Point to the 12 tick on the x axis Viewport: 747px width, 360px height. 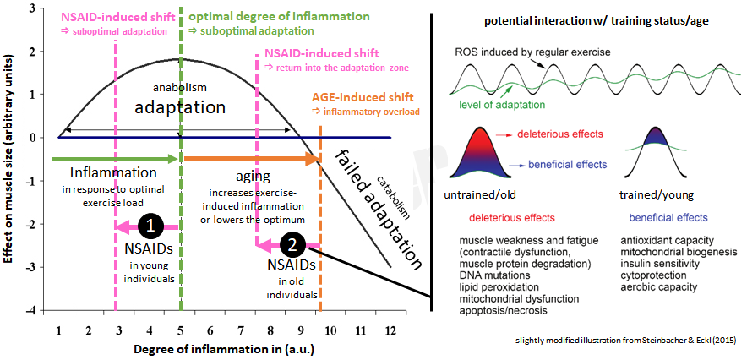(x=390, y=329)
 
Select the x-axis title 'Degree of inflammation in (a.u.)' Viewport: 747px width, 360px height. (x=219, y=348)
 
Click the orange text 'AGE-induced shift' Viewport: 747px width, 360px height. (x=364, y=97)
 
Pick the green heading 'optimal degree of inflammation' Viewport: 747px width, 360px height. (x=279, y=16)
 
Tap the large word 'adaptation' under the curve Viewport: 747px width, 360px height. (x=180, y=107)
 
